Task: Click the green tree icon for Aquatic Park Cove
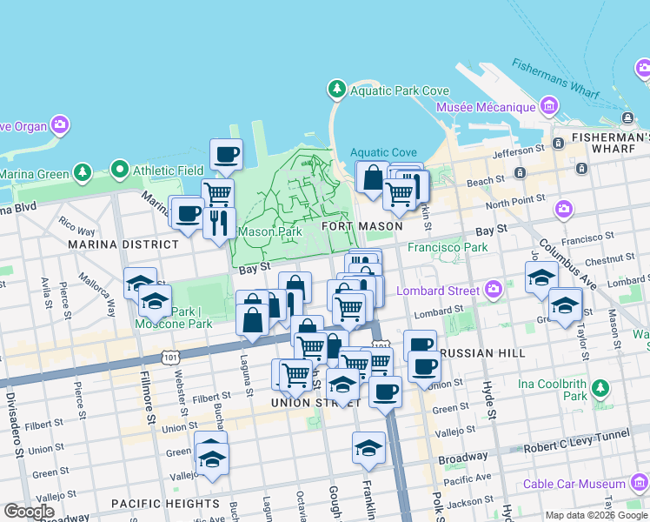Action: tap(336, 89)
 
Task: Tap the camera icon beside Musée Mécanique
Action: tap(548, 107)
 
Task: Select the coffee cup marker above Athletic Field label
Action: tap(226, 154)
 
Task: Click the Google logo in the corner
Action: tap(29, 511)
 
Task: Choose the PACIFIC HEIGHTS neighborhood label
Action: tap(165, 504)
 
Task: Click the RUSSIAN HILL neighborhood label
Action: tap(483, 353)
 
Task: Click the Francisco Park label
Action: tap(448, 247)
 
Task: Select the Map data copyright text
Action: tap(595, 515)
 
